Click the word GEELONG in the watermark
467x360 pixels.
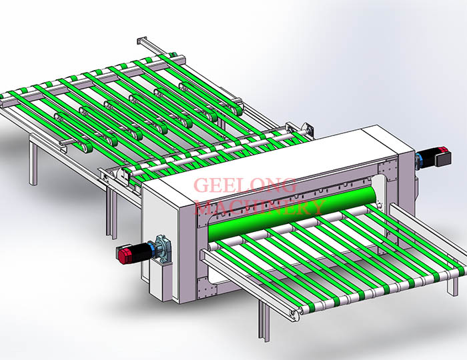(245, 185)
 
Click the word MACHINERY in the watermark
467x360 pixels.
(260, 207)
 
